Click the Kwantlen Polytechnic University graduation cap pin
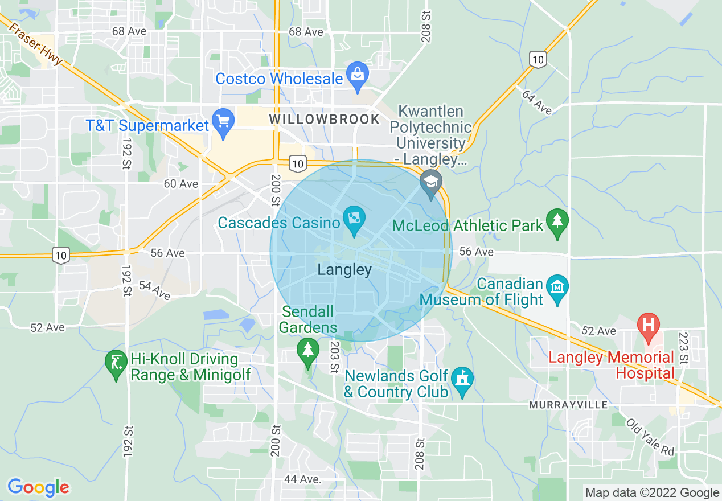pos(431,183)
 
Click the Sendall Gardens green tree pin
pos(308,350)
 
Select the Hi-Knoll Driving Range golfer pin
pos(116,363)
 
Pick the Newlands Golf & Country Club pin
pos(462,380)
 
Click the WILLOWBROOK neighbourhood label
pos(324,119)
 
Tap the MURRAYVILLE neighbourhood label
pos(568,405)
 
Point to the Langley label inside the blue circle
pos(344,270)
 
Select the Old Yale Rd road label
pos(650,437)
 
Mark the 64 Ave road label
pos(536,102)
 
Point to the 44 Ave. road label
pos(302,479)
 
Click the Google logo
pos(38,487)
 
